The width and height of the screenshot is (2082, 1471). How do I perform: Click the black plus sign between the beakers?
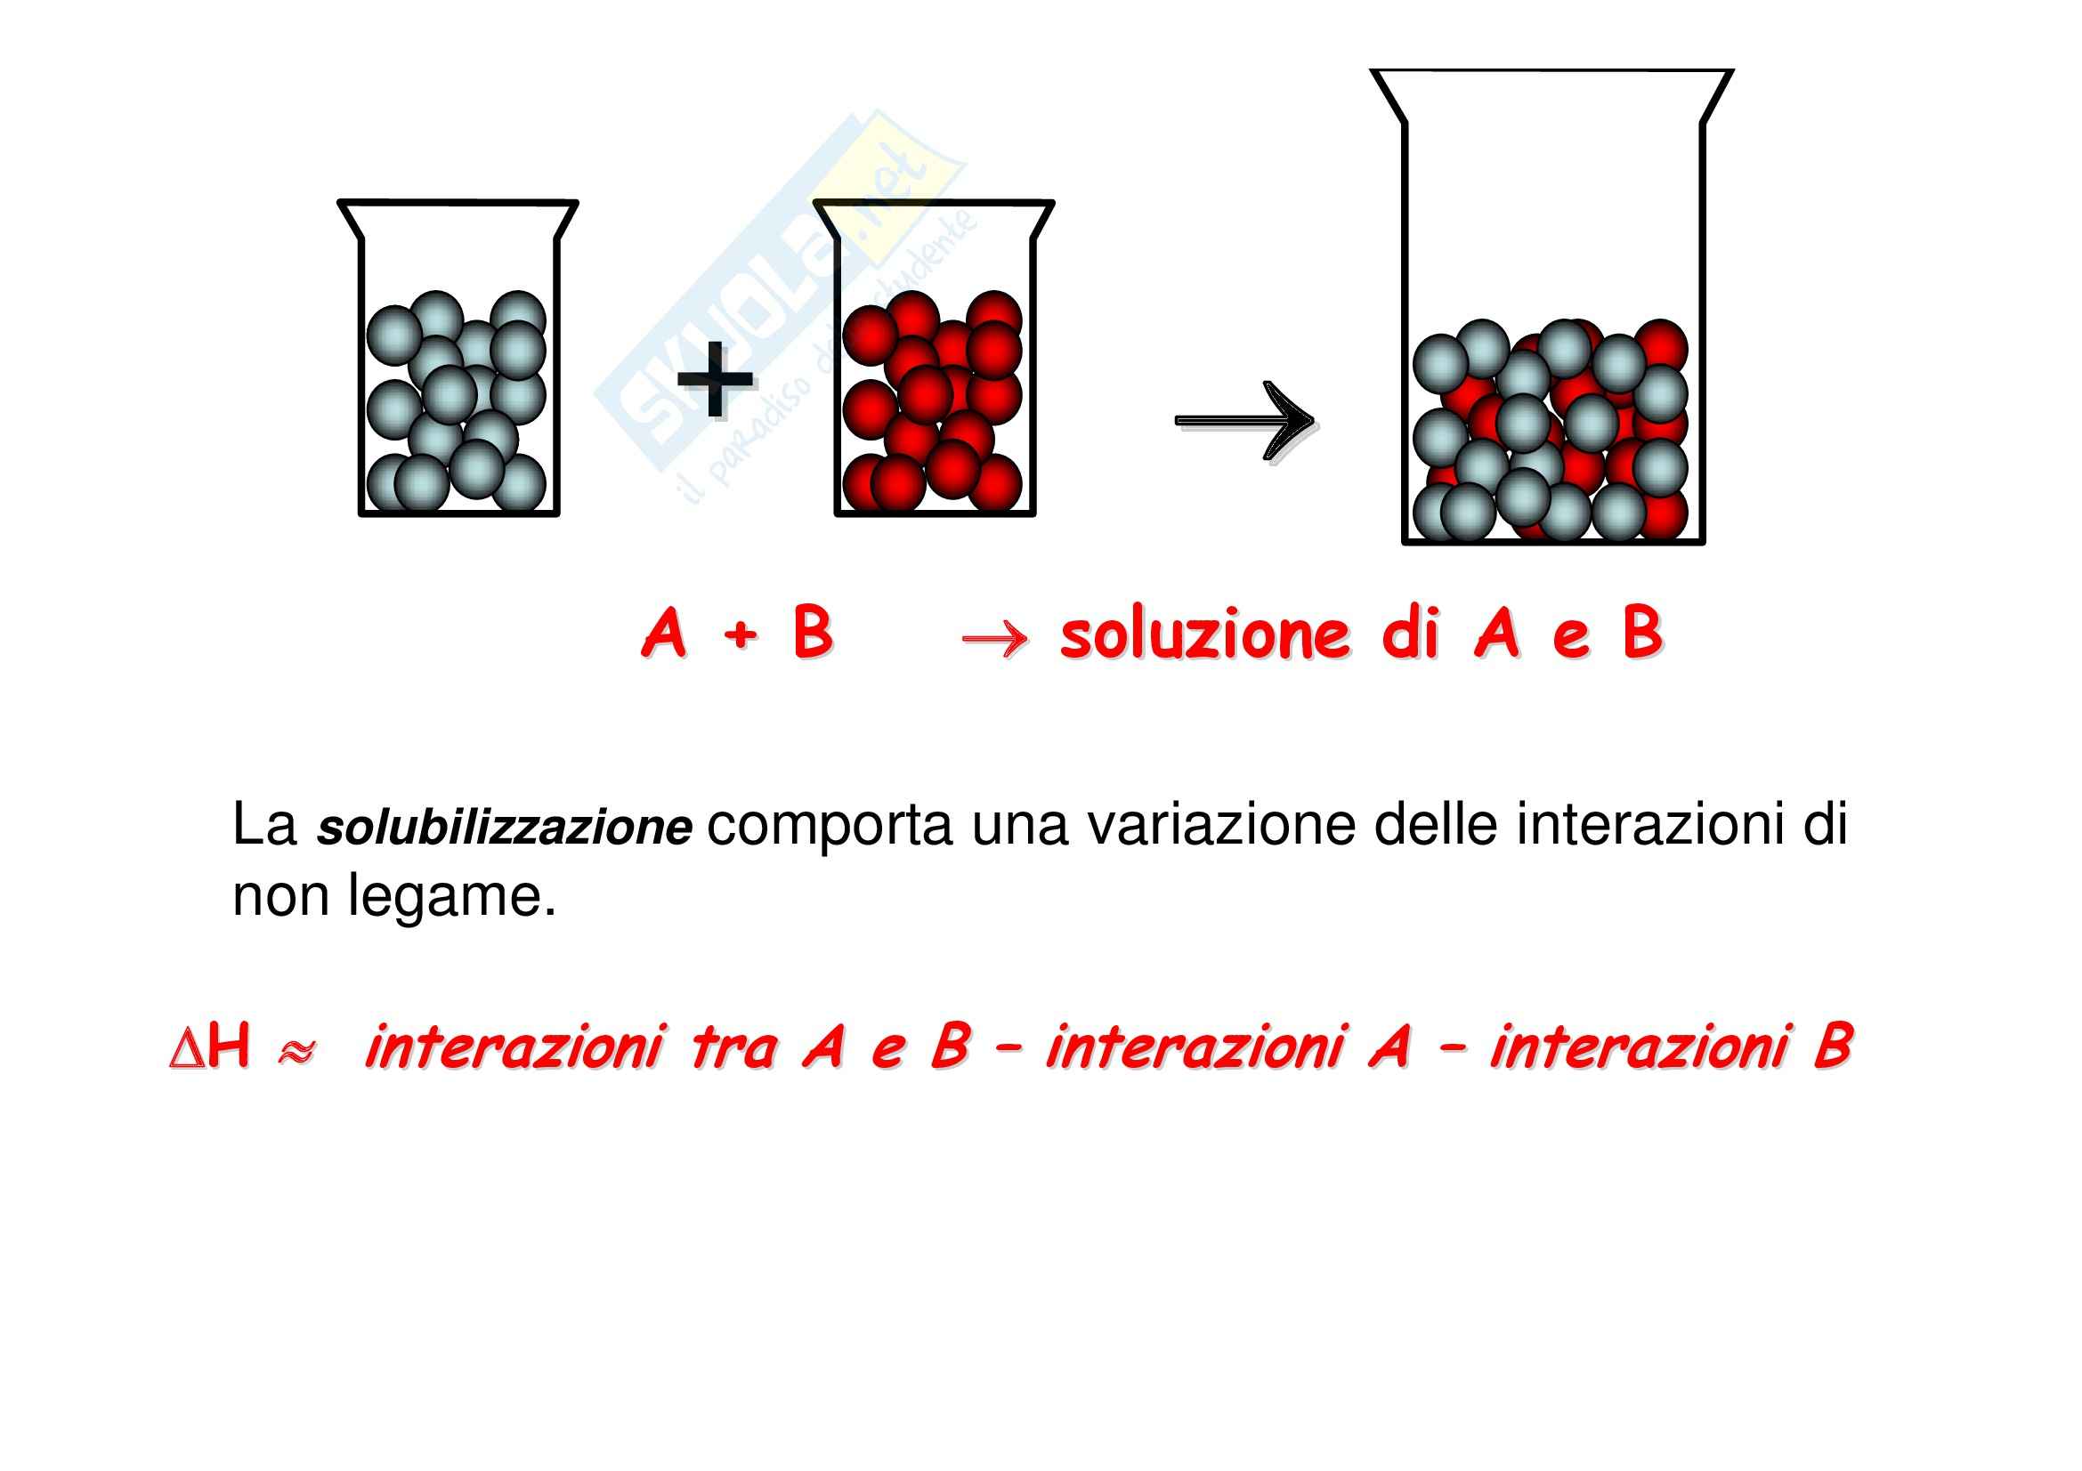pos(715,380)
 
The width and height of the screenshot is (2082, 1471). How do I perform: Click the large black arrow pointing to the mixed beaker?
pos(1244,420)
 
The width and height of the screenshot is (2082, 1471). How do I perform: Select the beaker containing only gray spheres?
pos(458,362)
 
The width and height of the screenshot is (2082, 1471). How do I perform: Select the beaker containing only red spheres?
pos(934,362)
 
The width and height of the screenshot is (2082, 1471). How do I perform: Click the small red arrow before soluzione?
pos(995,640)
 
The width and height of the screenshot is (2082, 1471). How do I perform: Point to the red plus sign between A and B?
pos(740,634)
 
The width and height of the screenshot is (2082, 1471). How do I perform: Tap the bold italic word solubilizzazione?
pos(503,828)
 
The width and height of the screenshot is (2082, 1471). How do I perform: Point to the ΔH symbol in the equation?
pos(209,1047)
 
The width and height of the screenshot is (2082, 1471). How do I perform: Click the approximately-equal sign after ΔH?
pos(296,1051)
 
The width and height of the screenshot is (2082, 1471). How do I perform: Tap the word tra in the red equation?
pos(733,1047)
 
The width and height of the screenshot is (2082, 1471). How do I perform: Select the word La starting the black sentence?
pos(263,825)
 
